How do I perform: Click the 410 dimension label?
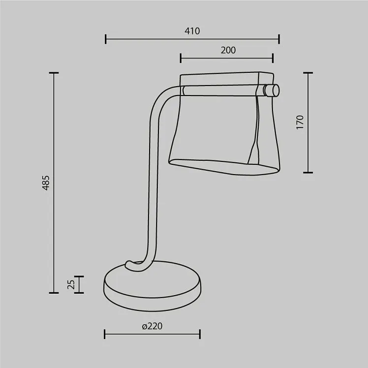(192, 31)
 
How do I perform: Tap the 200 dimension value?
(228, 50)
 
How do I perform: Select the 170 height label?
(300, 122)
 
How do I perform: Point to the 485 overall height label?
(46, 183)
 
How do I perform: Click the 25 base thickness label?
(71, 284)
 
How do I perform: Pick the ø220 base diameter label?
(152, 326)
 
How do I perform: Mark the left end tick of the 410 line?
(106, 39)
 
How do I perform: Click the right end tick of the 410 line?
(279, 39)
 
